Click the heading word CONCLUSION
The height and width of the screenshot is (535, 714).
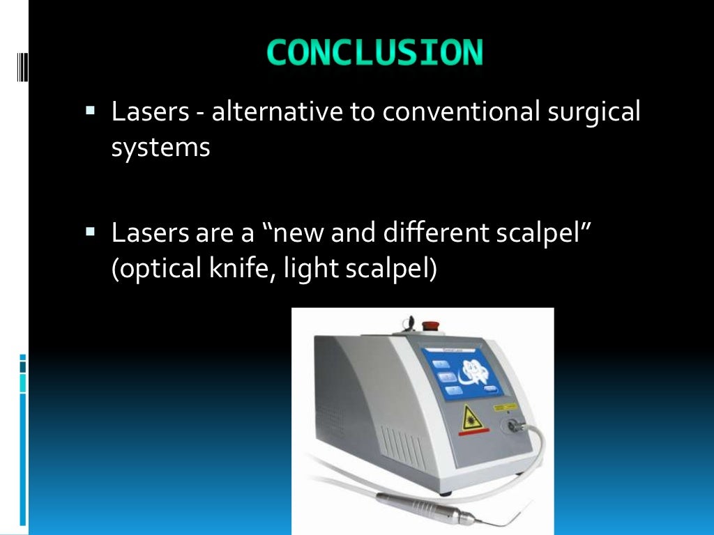[x=374, y=53]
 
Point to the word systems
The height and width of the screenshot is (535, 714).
[x=161, y=147]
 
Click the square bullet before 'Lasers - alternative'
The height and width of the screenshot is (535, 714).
[x=91, y=110]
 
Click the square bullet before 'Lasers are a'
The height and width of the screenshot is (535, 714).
[x=91, y=230]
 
